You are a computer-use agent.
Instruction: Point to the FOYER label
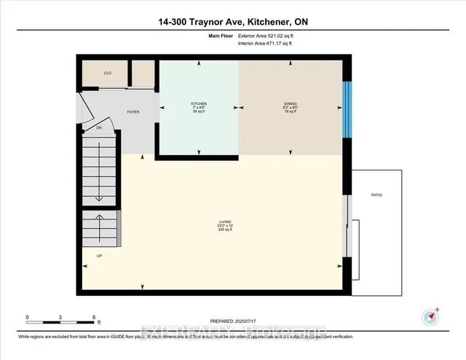[x=133, y=112]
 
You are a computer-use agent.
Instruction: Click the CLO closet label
[x=106, y=73]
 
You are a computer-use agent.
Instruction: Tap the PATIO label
[x=376, y=195]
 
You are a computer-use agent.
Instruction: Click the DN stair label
[x=100, y=128]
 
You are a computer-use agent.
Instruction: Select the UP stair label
[x=100, y=256]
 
